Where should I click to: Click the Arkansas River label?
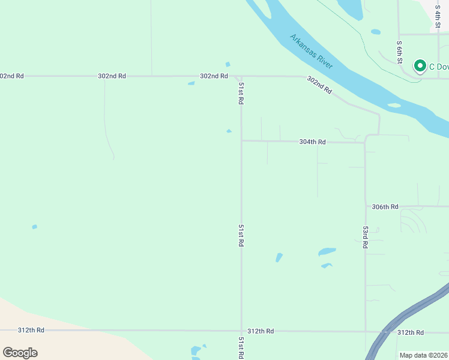tap(311, 51)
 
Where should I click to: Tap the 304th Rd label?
tap(312, 142)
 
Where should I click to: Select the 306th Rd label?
tap(385, 206)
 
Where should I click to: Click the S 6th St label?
tap(399, 52)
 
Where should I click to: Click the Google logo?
tap(20, 353)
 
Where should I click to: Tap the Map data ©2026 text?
tap(423, 355)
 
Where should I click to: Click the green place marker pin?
tap(420, 66)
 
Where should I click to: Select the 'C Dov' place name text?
tap(438, 67)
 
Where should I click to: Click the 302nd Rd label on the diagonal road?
tap(319, 85)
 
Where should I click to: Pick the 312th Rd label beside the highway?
tap(410, 332)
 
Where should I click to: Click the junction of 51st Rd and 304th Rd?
tap(241, 141)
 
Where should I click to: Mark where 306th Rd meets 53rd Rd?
tap(366, 206)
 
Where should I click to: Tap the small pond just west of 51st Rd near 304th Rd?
tap(229, 131)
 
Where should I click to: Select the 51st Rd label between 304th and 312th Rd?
tap(241, 236)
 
